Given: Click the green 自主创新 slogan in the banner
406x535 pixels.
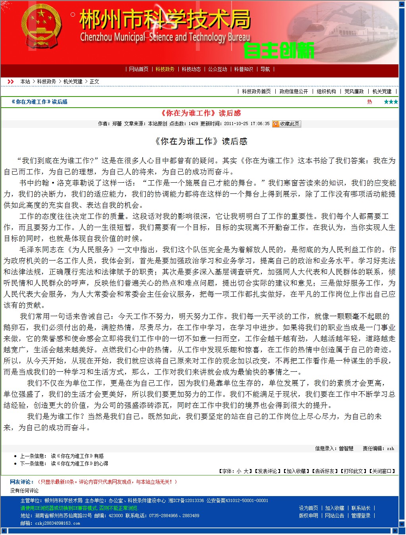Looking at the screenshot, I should (278, 50).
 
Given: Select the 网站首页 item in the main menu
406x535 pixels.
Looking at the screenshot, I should (139, 69).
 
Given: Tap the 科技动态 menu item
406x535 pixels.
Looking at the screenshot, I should (191, 69).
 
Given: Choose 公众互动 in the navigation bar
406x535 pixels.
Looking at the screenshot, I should (218, 69).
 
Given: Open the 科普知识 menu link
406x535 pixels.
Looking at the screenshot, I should (244, 69).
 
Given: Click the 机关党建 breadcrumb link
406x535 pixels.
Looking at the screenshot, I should (73, 81).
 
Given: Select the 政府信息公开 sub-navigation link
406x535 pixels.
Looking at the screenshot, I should (294, 91).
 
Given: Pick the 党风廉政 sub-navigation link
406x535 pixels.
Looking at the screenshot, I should (354, 91).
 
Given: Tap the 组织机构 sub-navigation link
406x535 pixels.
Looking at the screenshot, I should (326, 91).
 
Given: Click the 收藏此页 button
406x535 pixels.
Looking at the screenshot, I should (286, 124).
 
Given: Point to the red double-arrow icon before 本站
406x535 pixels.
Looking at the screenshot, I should (11, 81).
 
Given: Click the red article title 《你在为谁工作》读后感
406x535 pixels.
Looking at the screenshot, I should (201, 113).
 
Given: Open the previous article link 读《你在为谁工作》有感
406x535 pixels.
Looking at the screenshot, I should (77, 456).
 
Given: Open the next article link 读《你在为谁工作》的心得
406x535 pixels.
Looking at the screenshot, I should (79, 464).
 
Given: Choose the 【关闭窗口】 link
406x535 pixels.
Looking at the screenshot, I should (382, 471).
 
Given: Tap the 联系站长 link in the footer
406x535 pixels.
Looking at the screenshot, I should (361, 508).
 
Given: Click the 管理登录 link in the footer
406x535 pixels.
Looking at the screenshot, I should (361, 516).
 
